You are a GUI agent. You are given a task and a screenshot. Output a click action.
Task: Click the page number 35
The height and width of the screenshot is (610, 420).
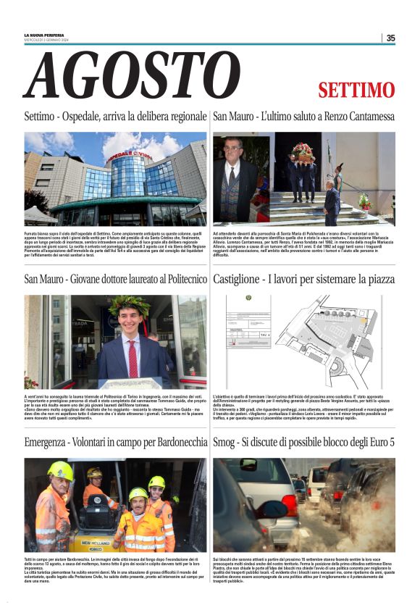390,38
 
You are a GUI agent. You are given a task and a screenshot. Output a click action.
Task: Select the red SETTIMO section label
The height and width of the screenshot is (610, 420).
356,91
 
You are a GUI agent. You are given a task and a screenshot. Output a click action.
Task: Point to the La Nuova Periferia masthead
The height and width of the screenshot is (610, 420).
43,35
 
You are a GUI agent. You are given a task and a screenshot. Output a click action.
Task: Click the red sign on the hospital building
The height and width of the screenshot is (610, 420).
130,156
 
